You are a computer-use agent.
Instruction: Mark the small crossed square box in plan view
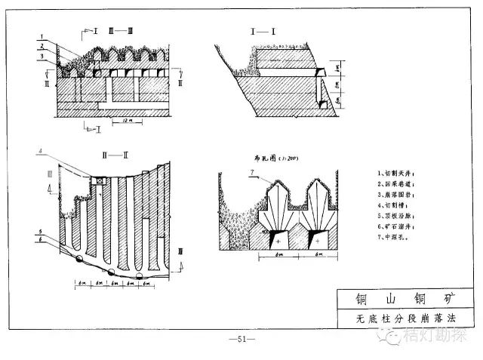(97, 180)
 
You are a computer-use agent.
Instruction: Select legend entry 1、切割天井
(395, 174)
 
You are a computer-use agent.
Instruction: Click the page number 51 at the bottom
(242, 339)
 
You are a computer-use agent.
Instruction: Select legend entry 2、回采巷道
(395, 183)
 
